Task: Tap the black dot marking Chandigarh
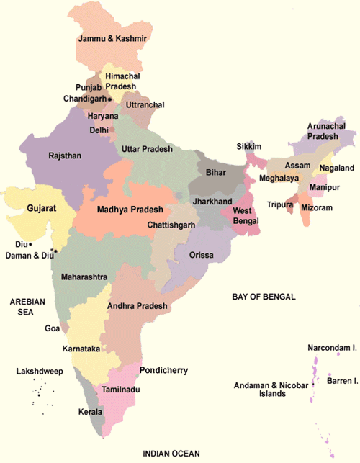110,98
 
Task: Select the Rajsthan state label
45,155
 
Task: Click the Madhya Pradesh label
130,210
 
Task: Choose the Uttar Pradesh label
148,148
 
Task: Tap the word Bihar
216,174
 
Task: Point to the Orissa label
202,255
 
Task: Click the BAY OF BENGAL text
264,297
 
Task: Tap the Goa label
53,328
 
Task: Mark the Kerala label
91,413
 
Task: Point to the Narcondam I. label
333,347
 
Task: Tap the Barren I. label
343,379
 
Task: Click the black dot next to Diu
30,244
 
